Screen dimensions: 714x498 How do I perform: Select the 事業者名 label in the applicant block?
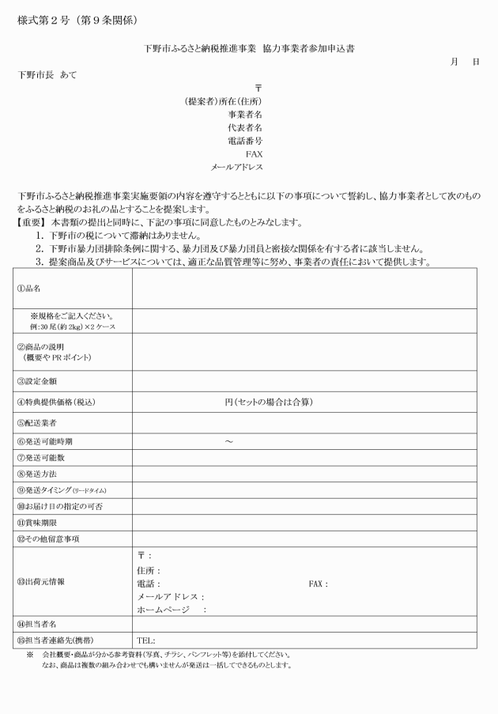pos(245,114)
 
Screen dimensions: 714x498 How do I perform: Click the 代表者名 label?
pos(245,127)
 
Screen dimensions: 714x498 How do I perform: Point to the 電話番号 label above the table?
pos(245,141)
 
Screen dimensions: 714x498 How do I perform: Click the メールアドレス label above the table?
pos(236,168)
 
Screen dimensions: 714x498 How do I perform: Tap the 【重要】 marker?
pos(32,224)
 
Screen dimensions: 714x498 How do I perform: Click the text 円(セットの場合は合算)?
pos(270,402)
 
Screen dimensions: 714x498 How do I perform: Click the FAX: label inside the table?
pos(318,584)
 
